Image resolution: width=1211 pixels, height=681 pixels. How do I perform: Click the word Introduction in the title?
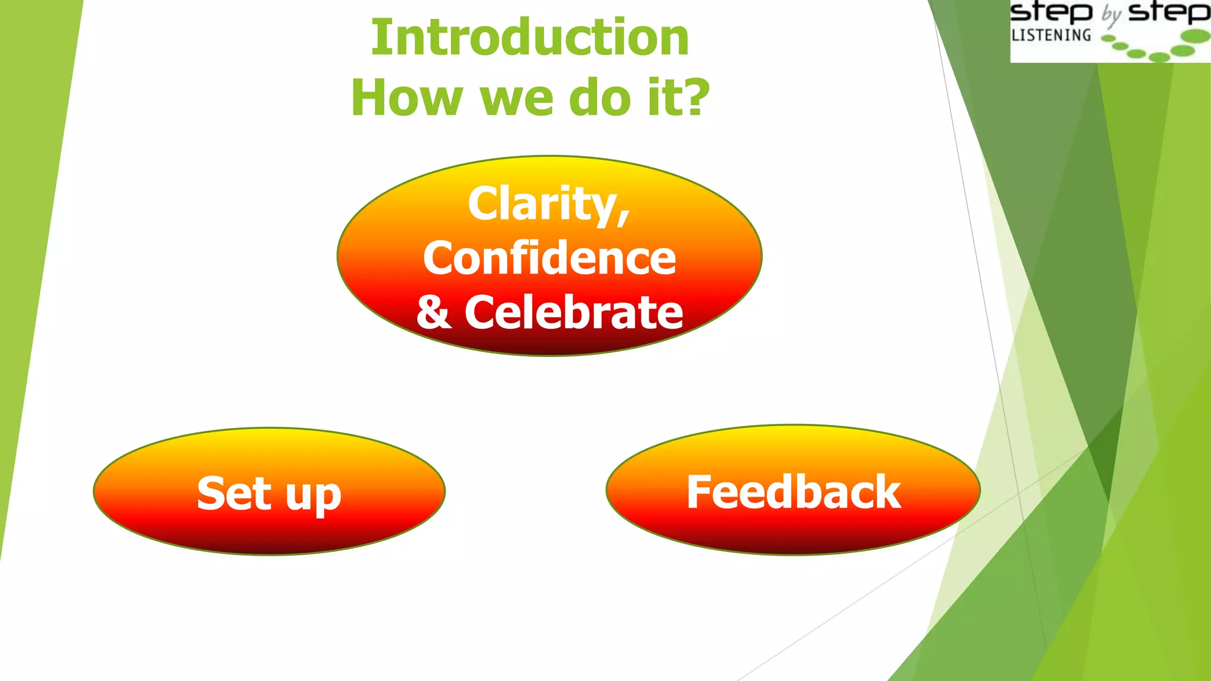pos(530,38)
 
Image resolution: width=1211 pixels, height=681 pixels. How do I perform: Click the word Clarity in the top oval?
pos(541,204)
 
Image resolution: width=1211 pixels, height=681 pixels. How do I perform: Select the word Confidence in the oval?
pos(549,258)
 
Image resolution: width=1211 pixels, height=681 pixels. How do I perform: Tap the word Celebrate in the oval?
pos(573,313)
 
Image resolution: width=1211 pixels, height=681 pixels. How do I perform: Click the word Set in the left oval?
pos(234,494)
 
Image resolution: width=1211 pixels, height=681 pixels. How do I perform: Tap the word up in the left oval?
pos(313,497)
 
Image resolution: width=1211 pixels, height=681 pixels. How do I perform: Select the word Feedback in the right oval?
pos(793,492)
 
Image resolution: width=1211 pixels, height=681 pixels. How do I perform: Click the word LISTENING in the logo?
pos(1051,35)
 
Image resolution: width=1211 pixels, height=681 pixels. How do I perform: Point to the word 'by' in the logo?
pos(1111,15)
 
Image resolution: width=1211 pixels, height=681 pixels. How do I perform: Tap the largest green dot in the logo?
pos(1196,37)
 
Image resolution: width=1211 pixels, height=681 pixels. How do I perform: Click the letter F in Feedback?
pos(699,491)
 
